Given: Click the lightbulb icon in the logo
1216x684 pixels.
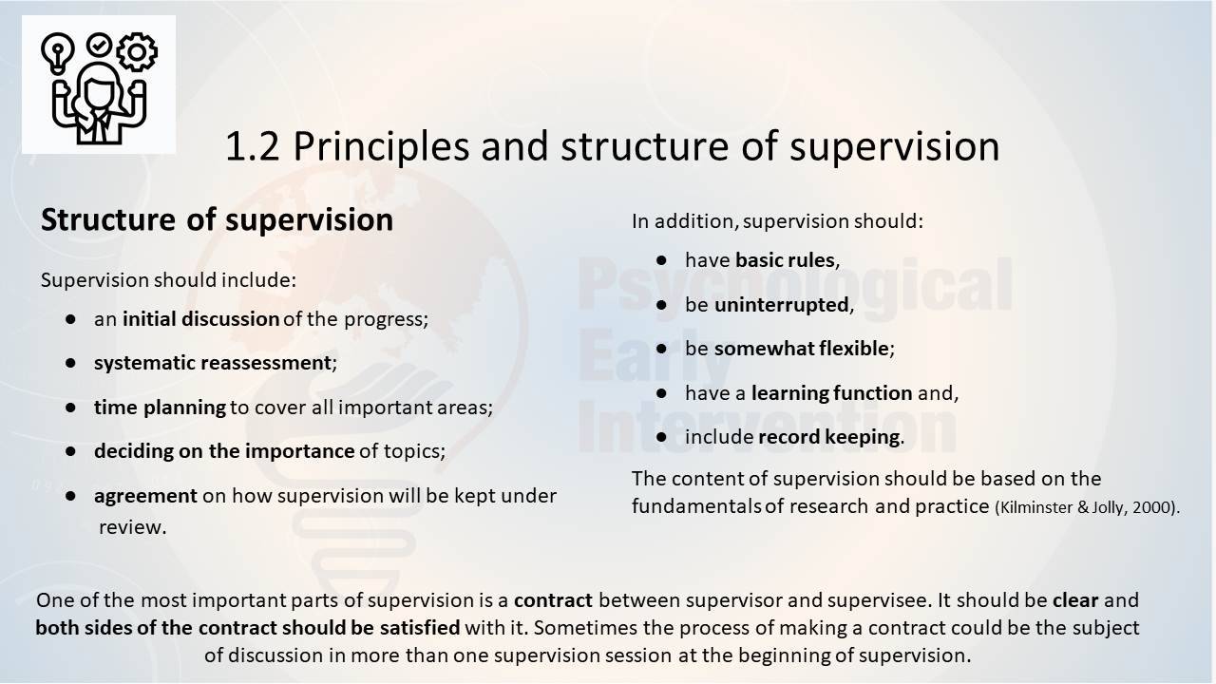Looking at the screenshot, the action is pyautogui.click(x=57, y=53).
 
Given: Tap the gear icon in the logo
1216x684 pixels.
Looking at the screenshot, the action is pyautogui.click(x=137, y=51).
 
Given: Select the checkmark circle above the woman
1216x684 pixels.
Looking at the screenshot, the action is pyautogui.click(x=99, y=46).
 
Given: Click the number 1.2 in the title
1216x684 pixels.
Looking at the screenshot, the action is pyautogui.click(x=252, y=146).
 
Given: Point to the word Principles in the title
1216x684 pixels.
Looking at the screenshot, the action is pyautogui.click(x=381, y=146).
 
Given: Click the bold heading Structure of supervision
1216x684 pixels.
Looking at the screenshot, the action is pyautogui.click(x=217, y=219).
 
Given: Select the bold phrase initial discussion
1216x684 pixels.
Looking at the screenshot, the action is pyautogui.click(x=200, y=318).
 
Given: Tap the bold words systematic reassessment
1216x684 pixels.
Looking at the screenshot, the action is pyautogui.click(x=212, y=363).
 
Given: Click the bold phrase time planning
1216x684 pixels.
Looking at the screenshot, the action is pyautogui.click(x=160, y=408).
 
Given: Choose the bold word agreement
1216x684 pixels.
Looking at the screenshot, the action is pyautogui.click(x=145, y=496).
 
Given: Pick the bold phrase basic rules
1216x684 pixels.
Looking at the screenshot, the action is pyautogui.click(x=785, y=260).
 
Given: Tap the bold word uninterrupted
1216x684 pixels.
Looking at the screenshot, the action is pyautogui.click(x=782, y=305).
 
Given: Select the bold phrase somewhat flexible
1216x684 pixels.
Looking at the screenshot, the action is pyautogui.click(x=801, y=349).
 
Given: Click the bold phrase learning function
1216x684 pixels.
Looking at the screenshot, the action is pyautogui.click(x=831, y=393).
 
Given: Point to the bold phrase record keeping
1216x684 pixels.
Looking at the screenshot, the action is pyautogui.click(x=829, y=437).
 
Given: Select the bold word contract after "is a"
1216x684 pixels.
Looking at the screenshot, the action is pyautogui.click(x=553, y=600).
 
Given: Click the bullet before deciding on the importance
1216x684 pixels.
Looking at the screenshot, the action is pyautogui.click(x=70, y=450).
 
